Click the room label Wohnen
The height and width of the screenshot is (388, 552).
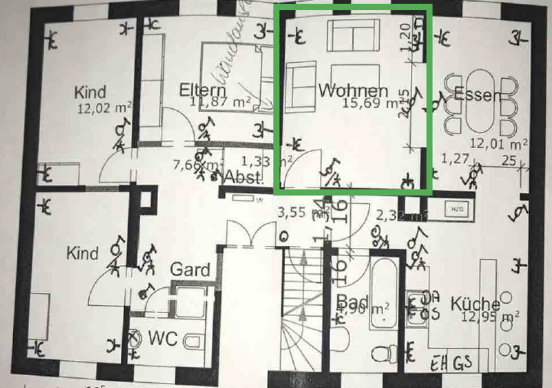(353, 90)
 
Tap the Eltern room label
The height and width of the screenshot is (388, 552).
(202, 90)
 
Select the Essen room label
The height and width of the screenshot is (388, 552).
(477, 94)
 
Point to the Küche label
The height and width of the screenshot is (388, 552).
(474, 303)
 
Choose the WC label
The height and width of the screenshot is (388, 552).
(163, 338)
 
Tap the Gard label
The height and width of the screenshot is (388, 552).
(190, 269)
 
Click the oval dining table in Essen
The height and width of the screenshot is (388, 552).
(478, 102)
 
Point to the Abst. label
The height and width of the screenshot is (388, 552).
(243, 176)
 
